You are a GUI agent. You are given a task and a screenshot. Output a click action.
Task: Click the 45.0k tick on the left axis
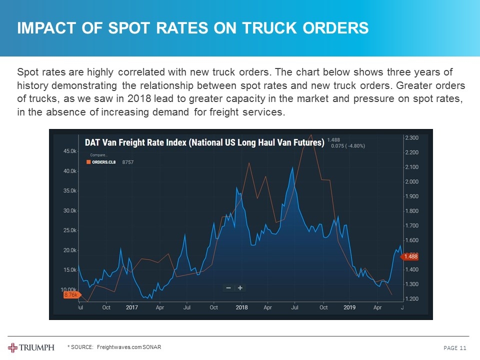pos(69,150)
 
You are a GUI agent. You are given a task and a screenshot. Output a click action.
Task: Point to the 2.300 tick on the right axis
pos(412,137)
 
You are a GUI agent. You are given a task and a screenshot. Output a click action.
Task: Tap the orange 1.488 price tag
pos(411,256)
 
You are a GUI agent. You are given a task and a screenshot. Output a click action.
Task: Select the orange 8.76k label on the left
pos(70,295)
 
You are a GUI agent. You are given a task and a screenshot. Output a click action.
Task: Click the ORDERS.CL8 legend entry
pos(104,162)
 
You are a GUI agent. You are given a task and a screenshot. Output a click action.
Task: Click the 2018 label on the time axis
pos(241,307)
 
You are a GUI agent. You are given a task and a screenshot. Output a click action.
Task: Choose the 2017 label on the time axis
pos(132,307)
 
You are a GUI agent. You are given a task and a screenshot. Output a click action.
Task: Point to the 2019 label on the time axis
pos(349,307)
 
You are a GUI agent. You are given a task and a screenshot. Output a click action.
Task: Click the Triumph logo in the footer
pos(31,347)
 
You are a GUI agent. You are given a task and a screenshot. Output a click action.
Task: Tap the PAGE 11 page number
pos(454,348)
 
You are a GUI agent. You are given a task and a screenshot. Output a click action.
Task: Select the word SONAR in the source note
pos(151,347)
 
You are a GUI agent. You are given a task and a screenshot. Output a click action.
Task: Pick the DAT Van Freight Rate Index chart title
pos(204,142)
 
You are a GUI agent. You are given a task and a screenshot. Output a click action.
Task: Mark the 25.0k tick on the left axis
pos(69,230)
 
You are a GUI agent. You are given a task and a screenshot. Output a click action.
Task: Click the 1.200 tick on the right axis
pos(412,299)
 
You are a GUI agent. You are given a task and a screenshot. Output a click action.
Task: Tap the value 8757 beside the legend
pos(128,162)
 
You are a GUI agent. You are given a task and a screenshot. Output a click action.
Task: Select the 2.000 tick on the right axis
pos(412,181)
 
